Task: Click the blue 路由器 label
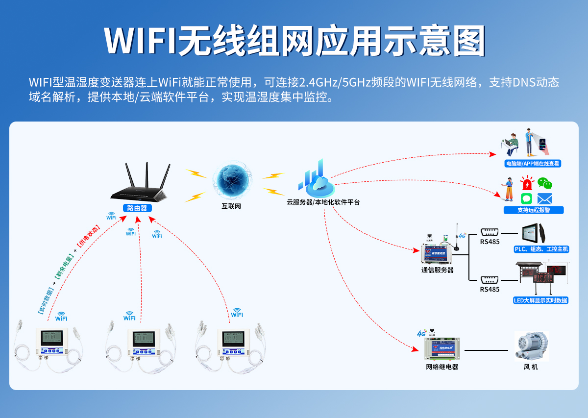click(x=137, y=208)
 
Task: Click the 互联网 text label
click(x=231, y=206)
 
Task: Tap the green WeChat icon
click(x=545, y=183)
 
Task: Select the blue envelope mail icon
click(x=545, y=198)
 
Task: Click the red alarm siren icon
click(x=527, y=184)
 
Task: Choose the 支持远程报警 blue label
click(x=534, y=210)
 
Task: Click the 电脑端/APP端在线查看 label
click(x=533, y=164)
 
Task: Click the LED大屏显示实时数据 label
click(x=540, y=300)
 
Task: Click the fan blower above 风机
click(x=531, y=346)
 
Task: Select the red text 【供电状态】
click(x=88, y=237)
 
